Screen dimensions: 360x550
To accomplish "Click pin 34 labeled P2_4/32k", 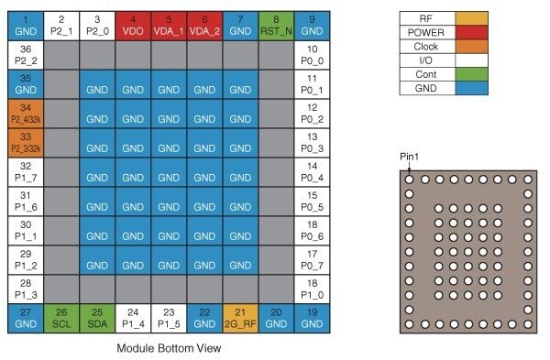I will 27,114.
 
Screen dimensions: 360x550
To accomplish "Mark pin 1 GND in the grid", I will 27,24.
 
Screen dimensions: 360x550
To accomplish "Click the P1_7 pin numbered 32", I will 27,171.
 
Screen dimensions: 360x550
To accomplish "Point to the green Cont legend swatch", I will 475,74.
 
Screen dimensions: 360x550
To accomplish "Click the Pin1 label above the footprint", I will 410,157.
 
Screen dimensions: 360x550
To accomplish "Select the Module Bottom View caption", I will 169,348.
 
